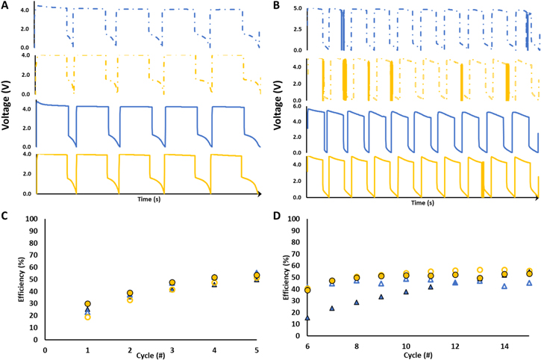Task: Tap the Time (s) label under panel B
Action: [x=422, y=202]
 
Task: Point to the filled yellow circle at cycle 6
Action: [x=307, y=290]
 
